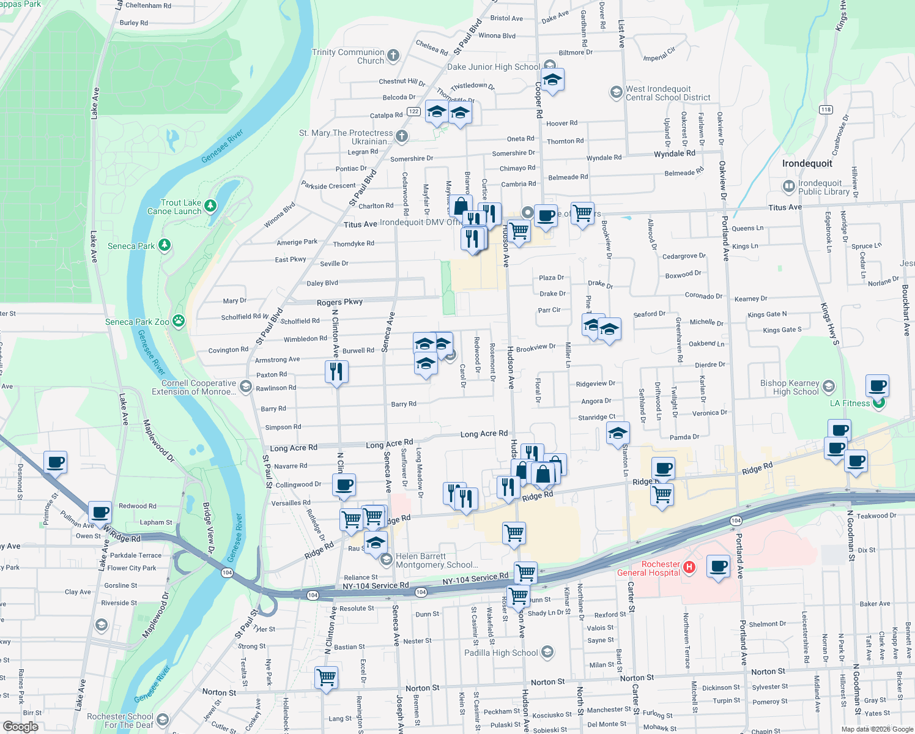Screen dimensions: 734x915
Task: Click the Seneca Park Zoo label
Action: tap(137, 322)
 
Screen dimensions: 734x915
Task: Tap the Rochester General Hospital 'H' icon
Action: tap(689, 568)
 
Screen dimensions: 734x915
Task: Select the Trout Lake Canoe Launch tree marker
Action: tap(210, 206)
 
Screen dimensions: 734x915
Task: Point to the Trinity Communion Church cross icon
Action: tap(393, 56)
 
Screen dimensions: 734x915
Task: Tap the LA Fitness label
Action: tap(850, 403)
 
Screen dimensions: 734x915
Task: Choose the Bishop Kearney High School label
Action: tap(789, 387)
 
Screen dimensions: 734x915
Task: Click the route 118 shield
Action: tap(826, 110)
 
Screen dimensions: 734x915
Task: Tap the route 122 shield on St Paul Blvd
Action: tap(414, 111)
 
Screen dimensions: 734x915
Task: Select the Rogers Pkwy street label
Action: tap(339, 302)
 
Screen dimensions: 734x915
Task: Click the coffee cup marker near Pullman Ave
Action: tap(100, 513)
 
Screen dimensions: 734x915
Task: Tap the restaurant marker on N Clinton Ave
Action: tap(336, 371)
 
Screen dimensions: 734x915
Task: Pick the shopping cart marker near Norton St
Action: tap(326, 677)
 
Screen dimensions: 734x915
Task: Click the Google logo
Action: tap(20, 726)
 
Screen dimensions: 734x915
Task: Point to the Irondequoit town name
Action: tap(807, 163)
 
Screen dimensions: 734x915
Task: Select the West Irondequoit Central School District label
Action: tap(667, 93)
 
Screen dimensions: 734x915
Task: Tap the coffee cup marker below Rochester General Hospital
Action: tap(718, 566)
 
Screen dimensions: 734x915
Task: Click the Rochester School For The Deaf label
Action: tap(120, 721)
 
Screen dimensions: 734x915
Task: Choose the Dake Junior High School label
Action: tap(494, 67)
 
